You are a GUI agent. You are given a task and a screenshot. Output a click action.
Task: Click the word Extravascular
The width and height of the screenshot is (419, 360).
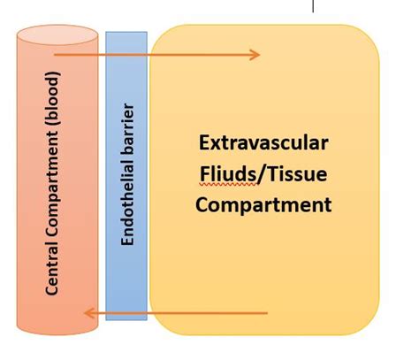click(263, 143)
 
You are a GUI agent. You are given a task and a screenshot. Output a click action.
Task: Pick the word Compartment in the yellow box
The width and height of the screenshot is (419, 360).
click(263, 205)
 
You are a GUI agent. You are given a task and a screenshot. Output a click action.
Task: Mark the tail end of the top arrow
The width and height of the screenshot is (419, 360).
click(55, 55)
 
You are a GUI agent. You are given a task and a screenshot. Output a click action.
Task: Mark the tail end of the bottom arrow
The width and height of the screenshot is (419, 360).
click(267, 312)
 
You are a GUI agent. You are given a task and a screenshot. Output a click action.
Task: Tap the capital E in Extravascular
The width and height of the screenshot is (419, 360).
click(204, 143)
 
